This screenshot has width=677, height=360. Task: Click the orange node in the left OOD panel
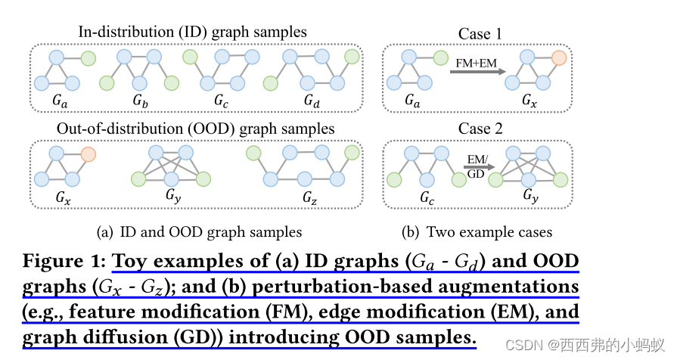[89, 154]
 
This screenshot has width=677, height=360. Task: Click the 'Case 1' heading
[480, 34]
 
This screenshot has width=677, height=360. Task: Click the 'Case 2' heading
[480, 129]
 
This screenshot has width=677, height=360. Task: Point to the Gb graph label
[140, 100]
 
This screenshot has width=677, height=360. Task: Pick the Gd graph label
[312, 100]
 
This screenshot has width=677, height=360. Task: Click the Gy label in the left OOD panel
[172, 195]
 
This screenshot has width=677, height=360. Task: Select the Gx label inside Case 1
[529, 100]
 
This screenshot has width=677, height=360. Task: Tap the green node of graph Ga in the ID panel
[89, 57]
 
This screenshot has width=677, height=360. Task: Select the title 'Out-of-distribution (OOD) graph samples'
[195, 129]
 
